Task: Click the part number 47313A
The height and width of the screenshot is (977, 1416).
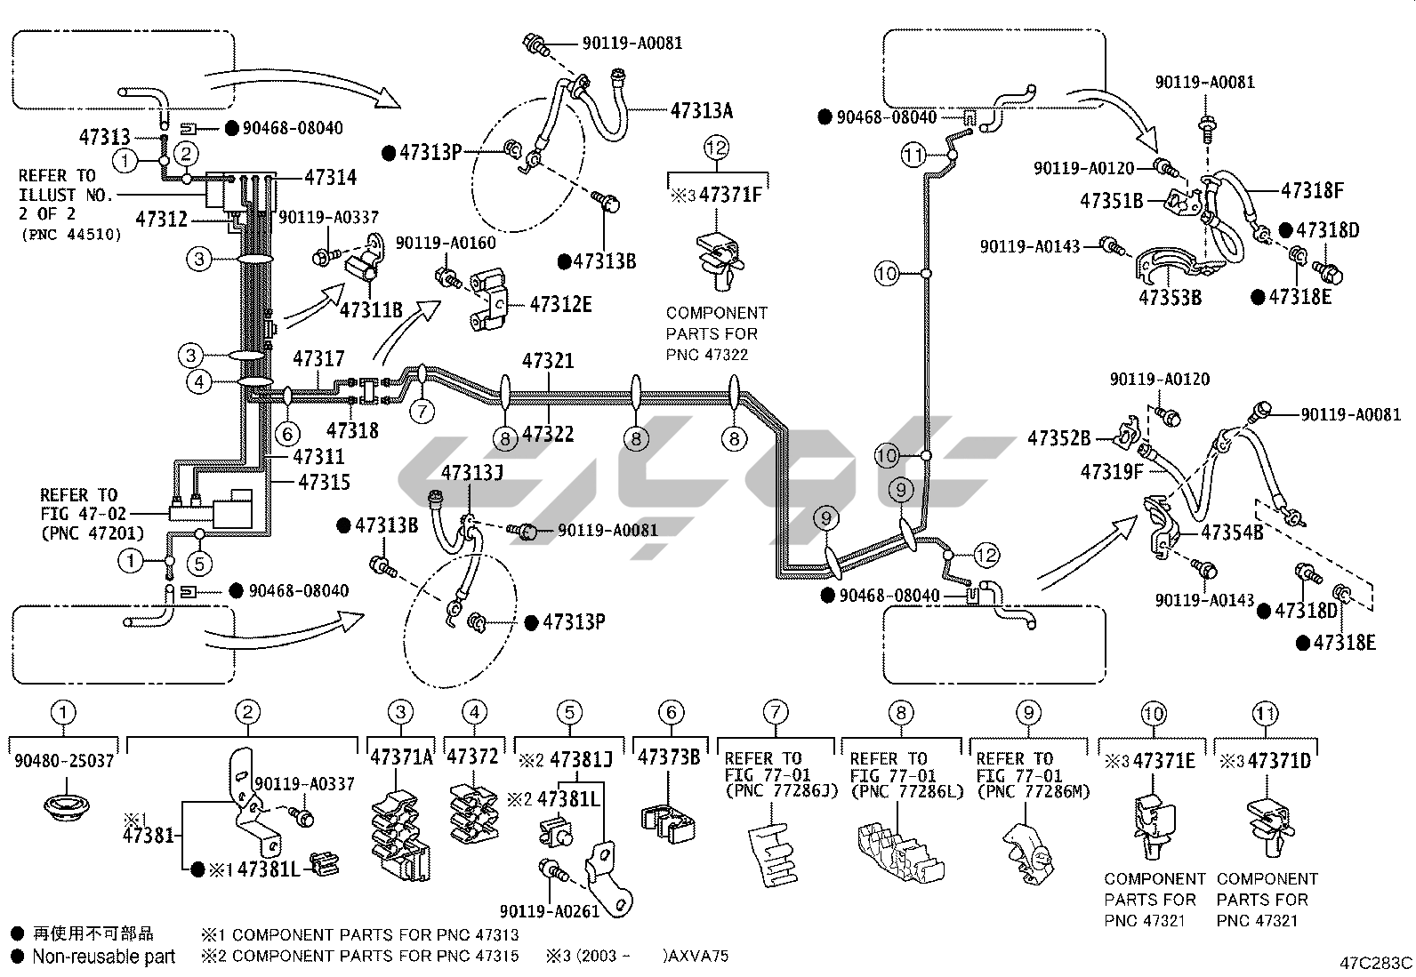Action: coord(701,110)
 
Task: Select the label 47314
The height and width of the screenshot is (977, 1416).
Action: coord(330,177)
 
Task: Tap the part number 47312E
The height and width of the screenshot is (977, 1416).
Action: coord(560,305)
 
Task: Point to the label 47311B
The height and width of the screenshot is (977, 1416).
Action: coord(371,309)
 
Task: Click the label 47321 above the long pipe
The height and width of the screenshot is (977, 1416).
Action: coord(548,361)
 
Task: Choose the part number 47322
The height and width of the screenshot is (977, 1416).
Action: coord(548,434)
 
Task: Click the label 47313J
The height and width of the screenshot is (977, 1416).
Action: coord(472,472)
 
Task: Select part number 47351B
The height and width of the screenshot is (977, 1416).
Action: coord(1111,201)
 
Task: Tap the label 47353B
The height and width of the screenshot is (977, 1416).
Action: coord(1170,297)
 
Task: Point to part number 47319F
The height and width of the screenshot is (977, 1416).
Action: coord(1112,471)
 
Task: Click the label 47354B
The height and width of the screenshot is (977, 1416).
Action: coord(1232,533)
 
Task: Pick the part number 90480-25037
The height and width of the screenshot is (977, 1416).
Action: coord(64,761)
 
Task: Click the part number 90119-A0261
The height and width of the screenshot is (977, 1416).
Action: coord(549,910)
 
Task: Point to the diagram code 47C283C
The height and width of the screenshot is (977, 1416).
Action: coord(1376,963)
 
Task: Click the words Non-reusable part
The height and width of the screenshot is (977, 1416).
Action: coord(103,957)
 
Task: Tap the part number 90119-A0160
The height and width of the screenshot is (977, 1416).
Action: coord(446,243)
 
